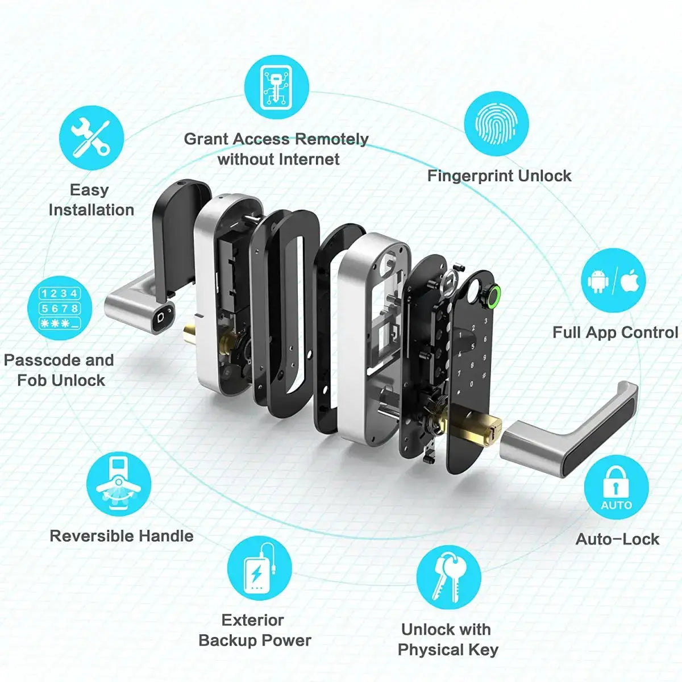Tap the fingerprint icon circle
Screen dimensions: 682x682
(x=496, y=124)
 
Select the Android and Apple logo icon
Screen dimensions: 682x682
(x=613, y=281)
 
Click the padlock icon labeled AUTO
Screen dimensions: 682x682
(x=616, y=487)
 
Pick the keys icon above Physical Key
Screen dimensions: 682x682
(x=448, y=577)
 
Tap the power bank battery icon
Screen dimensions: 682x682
(x=259, y=568)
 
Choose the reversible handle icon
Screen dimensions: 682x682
(x=119, y=484)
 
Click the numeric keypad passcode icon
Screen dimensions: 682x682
(x=60, y=308)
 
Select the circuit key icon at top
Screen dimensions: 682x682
(x=277, y=87)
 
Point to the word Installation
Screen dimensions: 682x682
(x=92, y=210)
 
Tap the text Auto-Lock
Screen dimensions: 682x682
(x=617, y=539)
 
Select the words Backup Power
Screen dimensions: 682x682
(x=255, y=641)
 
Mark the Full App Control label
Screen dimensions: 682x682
(x=616, y=332)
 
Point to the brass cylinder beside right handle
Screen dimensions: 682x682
(x=479, y=427)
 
